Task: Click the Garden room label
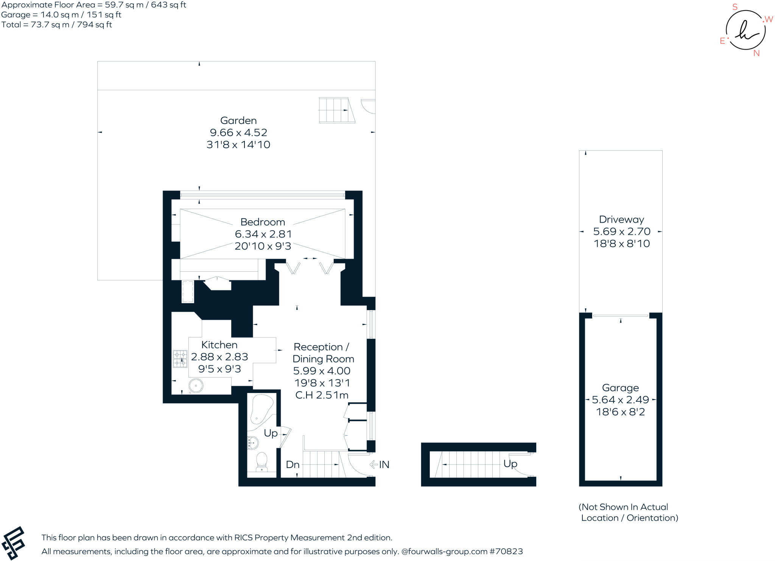click(238, 121)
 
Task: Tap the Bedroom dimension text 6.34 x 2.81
click(263, 234)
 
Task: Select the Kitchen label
click(219, 345)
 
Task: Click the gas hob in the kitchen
click(180, 359)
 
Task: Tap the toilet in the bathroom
click(261, 462)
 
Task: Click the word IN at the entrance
click(384, 465)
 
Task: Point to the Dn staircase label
click(293, 465)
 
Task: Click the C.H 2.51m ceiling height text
click(322, 395)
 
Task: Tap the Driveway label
click(621, 219)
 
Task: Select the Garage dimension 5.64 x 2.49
click(621, 400)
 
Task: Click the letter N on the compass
click(756, 53)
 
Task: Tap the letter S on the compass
click(735, 7)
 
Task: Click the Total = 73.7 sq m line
click(57, 25)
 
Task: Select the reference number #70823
click(506, 552)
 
